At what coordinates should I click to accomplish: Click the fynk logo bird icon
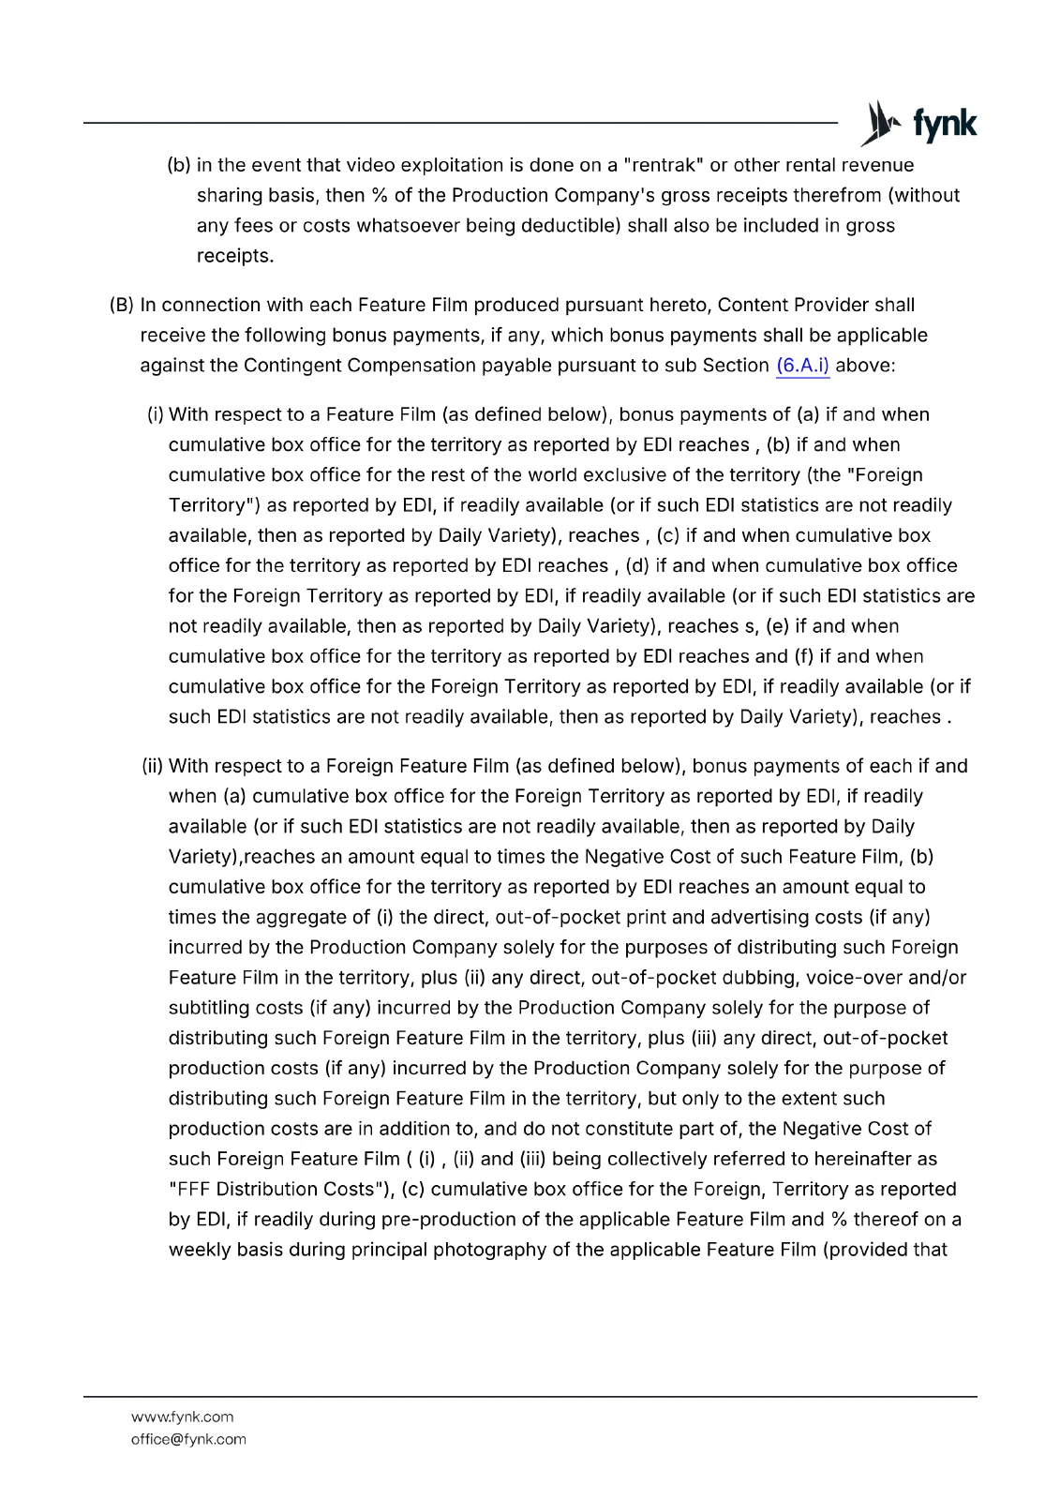coord(881,124)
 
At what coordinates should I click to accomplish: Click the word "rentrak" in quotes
coord(663,165)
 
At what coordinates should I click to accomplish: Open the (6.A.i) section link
coord(802,366)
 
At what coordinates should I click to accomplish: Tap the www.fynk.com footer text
coord(182,1417)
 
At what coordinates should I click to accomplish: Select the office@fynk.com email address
coord(188,1439)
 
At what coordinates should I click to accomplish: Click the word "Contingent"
coord(291,366)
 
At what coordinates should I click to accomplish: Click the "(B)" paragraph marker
coord(122,306)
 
